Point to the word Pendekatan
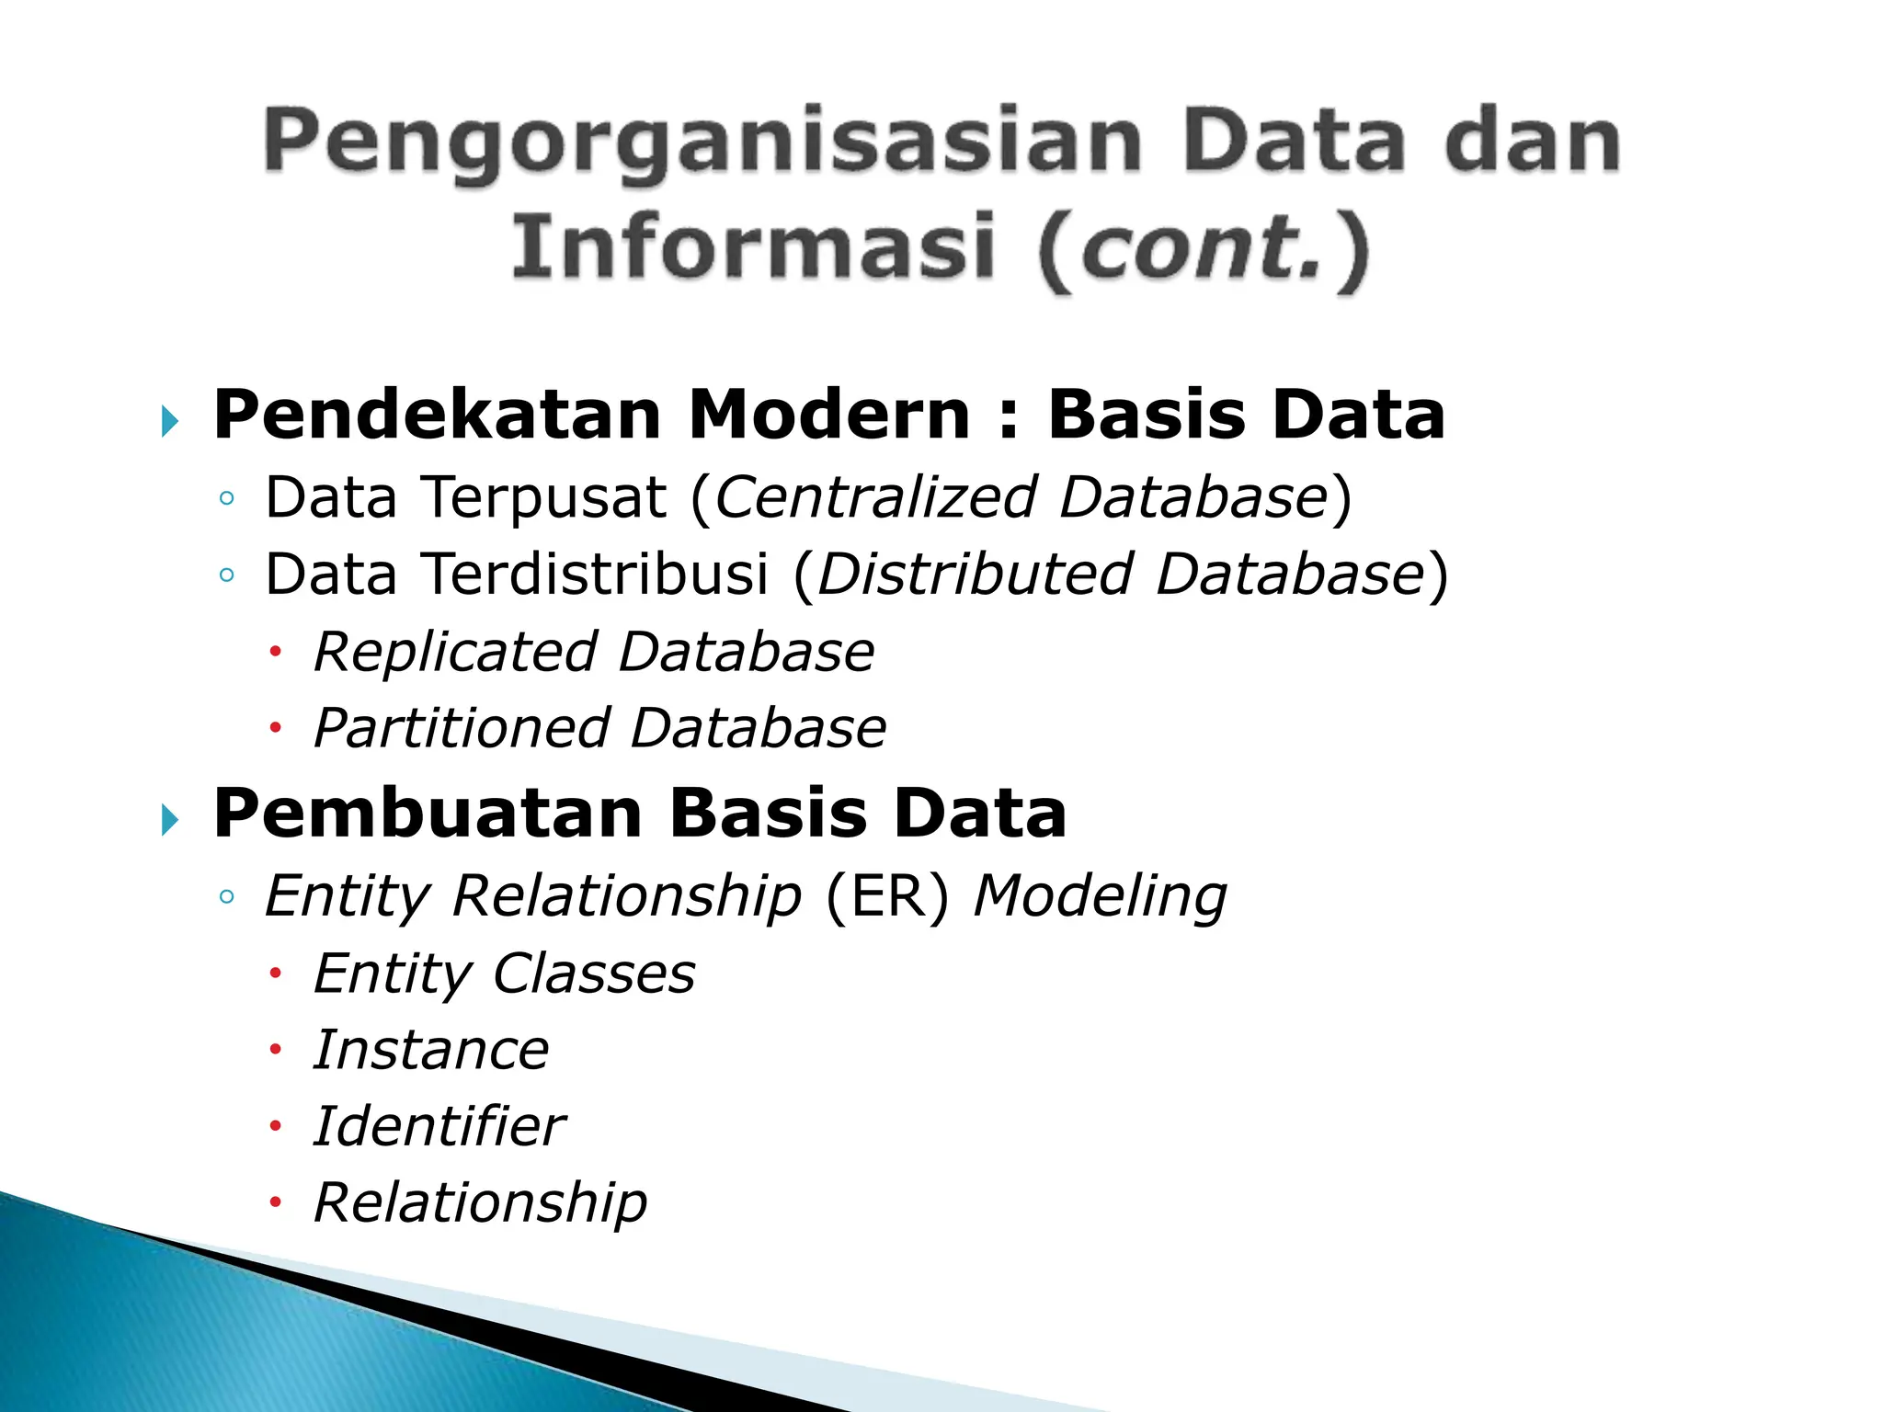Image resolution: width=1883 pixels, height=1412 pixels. click(438, 416)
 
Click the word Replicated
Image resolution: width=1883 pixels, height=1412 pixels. click(455, 653)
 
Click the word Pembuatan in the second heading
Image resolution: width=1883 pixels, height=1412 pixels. click(428, 814)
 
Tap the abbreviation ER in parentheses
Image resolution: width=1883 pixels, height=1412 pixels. click(886, 897)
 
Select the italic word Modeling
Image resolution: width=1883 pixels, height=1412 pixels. click(1100, 897)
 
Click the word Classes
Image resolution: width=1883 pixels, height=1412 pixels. click(594, 974)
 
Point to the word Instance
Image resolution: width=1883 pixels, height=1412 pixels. click(430, 1051)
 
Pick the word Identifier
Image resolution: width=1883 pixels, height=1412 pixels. click(439, 1127)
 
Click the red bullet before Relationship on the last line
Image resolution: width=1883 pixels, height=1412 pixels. click(274, 1203)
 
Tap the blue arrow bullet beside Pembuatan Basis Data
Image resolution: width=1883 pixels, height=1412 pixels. click(169, 819)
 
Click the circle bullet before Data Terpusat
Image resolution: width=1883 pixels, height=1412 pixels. click(227, 500)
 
